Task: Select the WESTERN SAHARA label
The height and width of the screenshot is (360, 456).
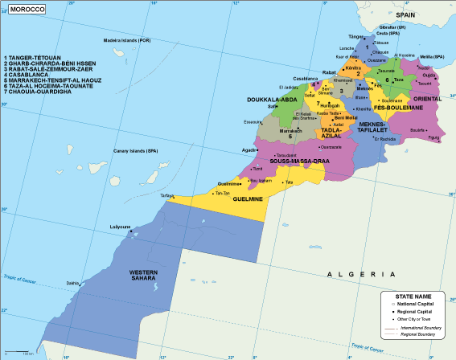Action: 149,276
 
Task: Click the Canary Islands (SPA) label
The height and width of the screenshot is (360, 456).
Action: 134,150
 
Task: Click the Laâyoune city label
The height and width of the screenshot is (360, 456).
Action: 121,227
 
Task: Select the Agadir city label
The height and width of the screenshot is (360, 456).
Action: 249,149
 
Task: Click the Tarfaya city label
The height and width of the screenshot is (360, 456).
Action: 166,194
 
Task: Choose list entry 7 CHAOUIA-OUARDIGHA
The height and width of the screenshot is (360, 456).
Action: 40,92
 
